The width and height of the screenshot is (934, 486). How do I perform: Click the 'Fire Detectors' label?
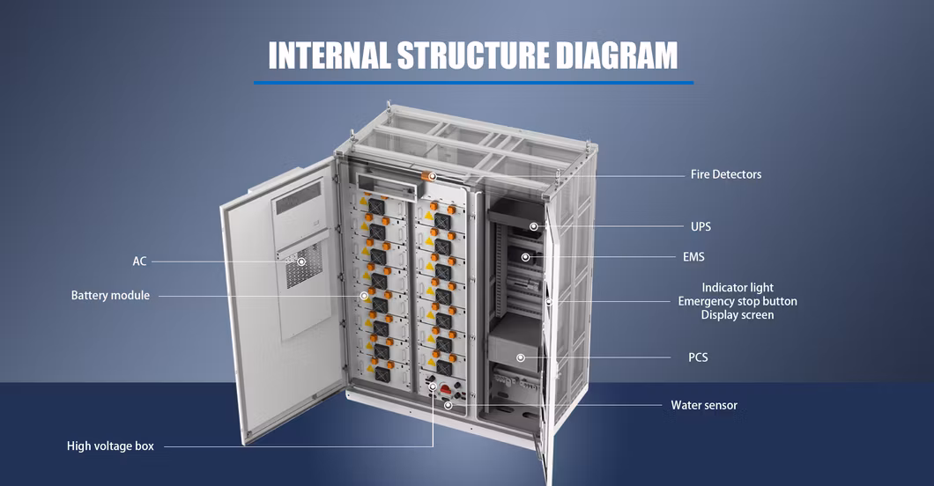(x=725, y=174)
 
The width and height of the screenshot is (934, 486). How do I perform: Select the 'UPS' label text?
(x=700, y=226)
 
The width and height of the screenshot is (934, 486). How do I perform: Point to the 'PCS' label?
(x=698, y=357)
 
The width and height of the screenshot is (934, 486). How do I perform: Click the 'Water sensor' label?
(x=704, y=405)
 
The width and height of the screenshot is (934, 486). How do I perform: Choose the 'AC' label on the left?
(x=139, y=261)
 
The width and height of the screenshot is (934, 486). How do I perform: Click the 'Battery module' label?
(x=110, y=296)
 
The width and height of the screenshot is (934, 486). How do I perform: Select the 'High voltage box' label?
(x=110, y=446)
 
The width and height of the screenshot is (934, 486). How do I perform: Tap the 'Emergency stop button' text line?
(x=738, y=301)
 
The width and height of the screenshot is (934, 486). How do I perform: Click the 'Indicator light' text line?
(x=738, y=287)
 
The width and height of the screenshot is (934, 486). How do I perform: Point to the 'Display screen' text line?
(x=738, y=315)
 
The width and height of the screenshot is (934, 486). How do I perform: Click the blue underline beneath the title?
(x=473, y=82)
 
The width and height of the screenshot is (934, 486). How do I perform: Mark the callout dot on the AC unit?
(x=301, y=261)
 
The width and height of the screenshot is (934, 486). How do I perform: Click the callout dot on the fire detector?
(x=432, y=177)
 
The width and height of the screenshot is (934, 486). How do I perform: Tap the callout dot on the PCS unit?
(x=521, y=357)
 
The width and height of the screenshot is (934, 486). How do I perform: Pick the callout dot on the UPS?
(x=534, y=226)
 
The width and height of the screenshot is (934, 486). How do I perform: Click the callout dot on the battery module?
(x=362, y=296)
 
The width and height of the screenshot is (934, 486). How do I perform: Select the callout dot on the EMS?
(x=526, y=257)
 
